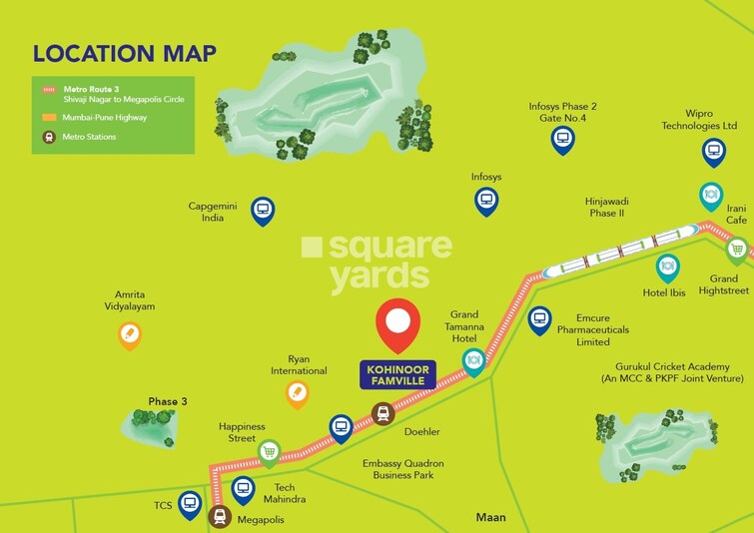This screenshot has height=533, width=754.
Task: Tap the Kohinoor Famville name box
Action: [397, 374]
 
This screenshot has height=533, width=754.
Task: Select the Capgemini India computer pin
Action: [263, 210]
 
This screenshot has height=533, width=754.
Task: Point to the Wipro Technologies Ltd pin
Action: [713, 151]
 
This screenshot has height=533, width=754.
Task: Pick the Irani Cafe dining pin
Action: [710, 194]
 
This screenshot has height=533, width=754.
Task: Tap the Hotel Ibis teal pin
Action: [667, 267]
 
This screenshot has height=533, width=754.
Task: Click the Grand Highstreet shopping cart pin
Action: [737, 249]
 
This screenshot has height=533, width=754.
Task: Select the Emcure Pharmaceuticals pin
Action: [539, 319]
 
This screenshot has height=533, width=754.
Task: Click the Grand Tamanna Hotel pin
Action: [474, 359]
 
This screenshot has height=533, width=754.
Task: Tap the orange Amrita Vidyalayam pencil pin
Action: [129, 334]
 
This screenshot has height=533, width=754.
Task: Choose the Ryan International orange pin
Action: [297, 394]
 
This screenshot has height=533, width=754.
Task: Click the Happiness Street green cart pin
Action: [269, 451]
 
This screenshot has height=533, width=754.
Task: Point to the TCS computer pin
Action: [190, 504]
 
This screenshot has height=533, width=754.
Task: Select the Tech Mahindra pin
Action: [243, 489]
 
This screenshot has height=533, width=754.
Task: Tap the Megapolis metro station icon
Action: [221, 516]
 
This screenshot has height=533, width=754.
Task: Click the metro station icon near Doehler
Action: [382, 413]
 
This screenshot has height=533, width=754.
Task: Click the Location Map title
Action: [125, 53]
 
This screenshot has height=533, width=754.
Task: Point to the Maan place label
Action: [490, 517]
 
